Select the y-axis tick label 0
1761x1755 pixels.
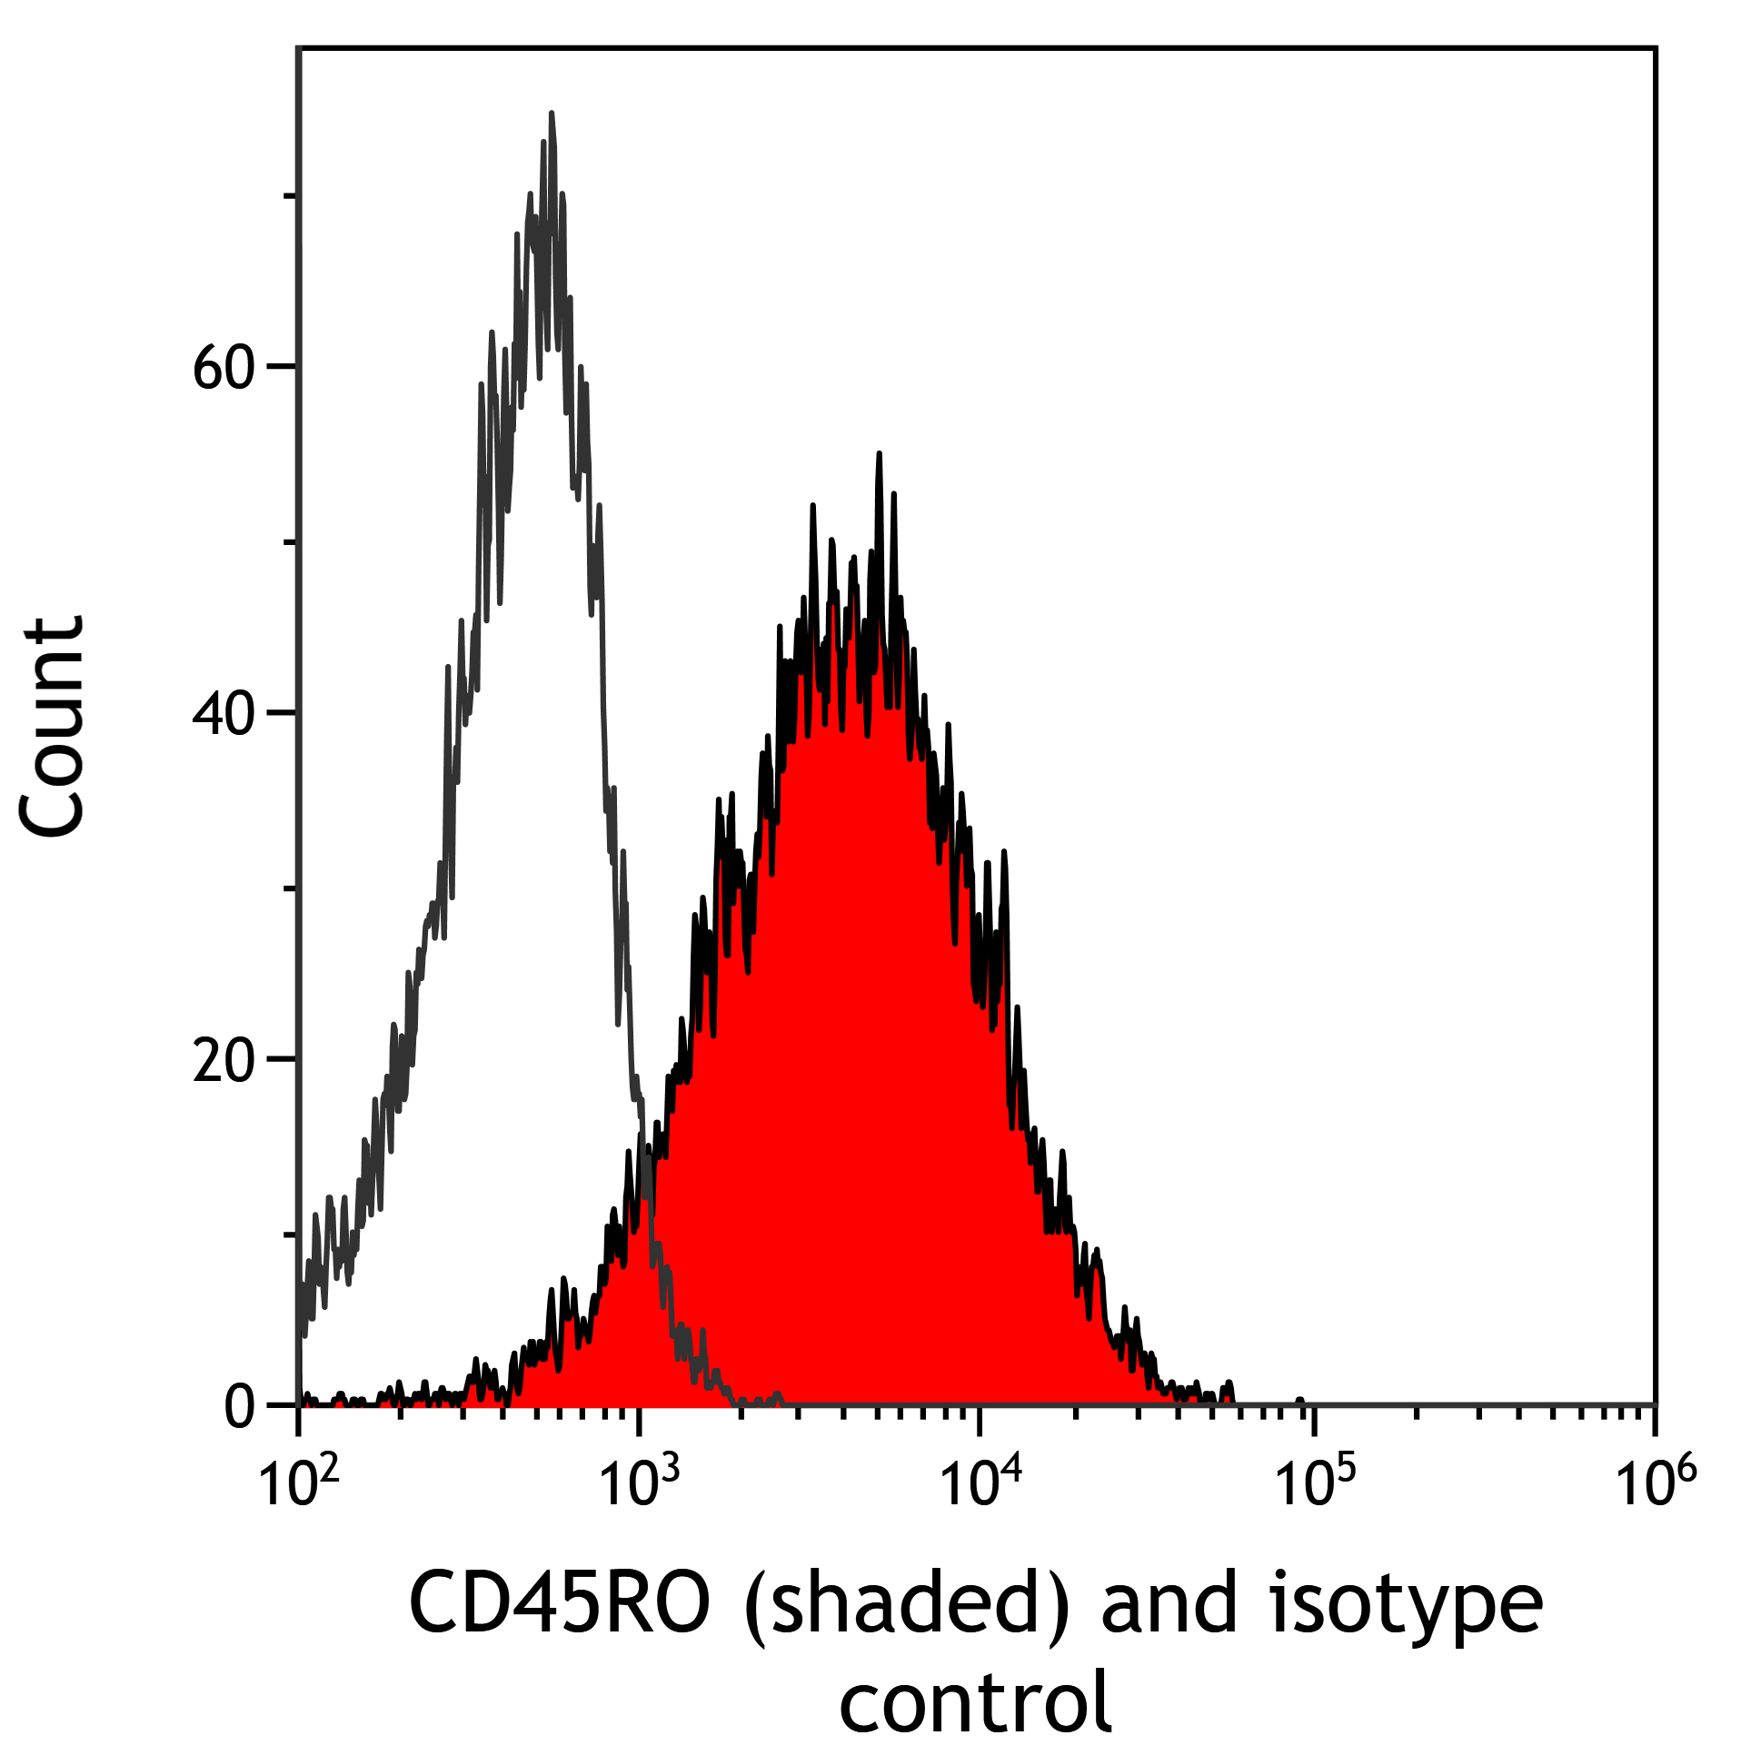[x=241, y=1409]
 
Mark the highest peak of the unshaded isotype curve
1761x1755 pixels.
[x=552, y=114]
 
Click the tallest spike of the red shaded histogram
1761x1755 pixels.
[x=879, y=454]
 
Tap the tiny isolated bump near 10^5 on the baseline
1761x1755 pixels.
[x=1298, y=1401]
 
